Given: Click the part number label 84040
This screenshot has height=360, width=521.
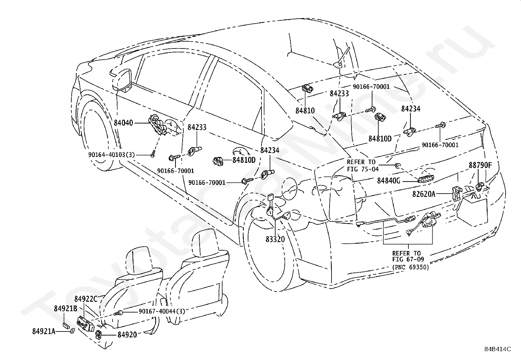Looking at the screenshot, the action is (123, 123).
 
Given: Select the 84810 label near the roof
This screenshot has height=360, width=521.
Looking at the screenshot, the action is (305, 111).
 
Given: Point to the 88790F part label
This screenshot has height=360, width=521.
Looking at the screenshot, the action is (480, 165).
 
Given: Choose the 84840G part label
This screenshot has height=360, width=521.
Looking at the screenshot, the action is (388, 181).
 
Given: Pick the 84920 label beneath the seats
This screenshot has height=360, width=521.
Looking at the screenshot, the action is (127, 335).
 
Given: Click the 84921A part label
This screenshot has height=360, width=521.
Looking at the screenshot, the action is (44, 332).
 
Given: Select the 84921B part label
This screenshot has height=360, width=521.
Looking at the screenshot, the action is (65, 309).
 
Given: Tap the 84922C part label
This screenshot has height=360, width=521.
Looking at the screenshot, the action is (86, 299).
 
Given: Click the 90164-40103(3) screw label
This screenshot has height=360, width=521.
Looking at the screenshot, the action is (111, 155).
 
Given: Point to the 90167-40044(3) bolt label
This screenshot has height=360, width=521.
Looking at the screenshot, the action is (162, 311).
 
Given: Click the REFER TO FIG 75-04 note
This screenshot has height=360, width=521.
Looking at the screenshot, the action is (363, 165).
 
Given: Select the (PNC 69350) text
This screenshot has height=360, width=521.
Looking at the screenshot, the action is (410, 267).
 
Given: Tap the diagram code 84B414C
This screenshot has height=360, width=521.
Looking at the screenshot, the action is (498, 355).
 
